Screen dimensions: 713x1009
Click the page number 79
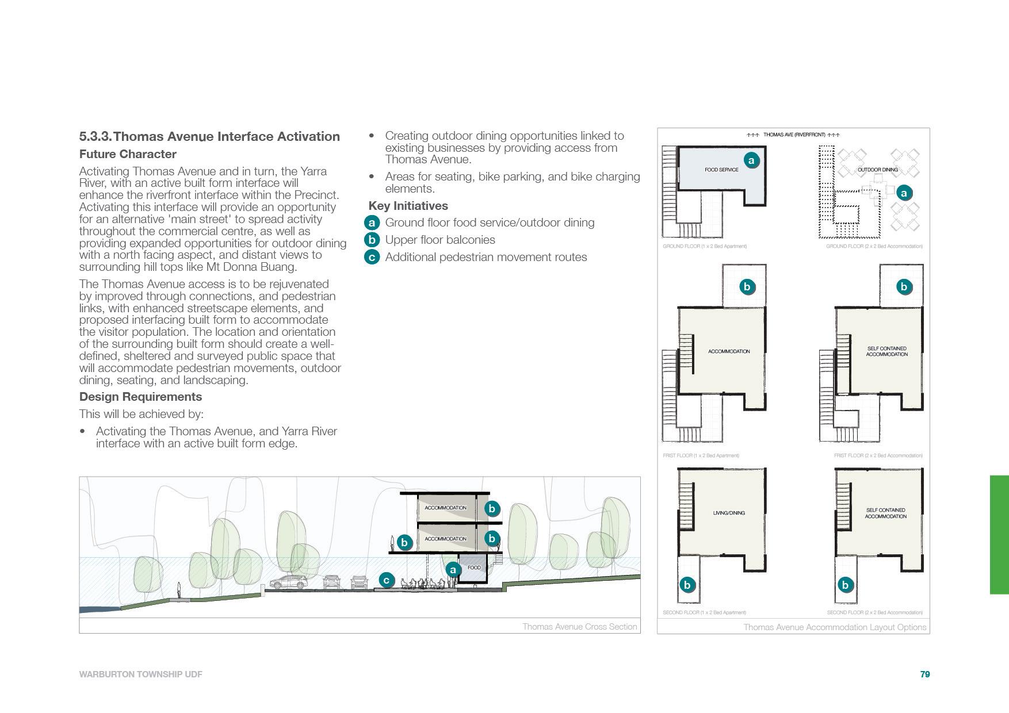point(925,674)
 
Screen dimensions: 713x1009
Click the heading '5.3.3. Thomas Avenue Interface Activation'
point(209,137)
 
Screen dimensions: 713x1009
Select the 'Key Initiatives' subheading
point(408,206)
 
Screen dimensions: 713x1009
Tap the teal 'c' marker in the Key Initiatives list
point(372,257)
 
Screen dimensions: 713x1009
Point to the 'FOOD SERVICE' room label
point(721,170)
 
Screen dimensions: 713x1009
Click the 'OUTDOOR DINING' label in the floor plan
point(877,170)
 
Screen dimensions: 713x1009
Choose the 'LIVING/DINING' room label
point(729,513)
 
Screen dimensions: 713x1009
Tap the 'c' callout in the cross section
point(387,580)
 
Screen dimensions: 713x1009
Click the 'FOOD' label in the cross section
point(474,568)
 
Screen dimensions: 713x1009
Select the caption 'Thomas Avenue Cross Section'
point(579,627)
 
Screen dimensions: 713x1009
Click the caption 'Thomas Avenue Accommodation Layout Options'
point(835,627)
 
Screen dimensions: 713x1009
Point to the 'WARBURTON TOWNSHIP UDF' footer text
point(140,674)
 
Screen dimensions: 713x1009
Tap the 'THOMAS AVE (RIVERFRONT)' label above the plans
point(793,135)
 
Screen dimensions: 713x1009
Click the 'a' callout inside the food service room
point(751,160)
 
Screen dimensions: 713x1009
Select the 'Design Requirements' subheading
point(140,397)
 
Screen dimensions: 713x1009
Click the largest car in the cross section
point(289,582)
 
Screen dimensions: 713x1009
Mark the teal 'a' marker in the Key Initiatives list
point(372,223)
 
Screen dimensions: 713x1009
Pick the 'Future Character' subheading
point(128,154)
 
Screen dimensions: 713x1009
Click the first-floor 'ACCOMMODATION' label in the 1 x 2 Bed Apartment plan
point(729,351)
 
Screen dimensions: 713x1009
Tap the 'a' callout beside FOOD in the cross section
point(453,570)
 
